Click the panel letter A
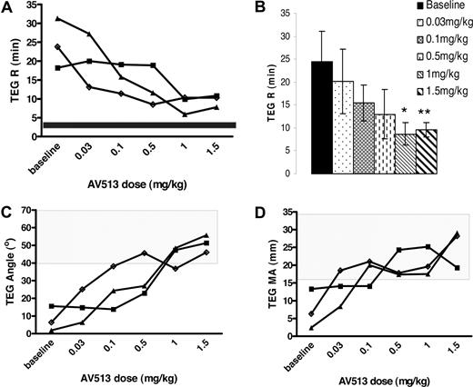click(8, 8)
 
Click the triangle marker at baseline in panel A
click(58, 18)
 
